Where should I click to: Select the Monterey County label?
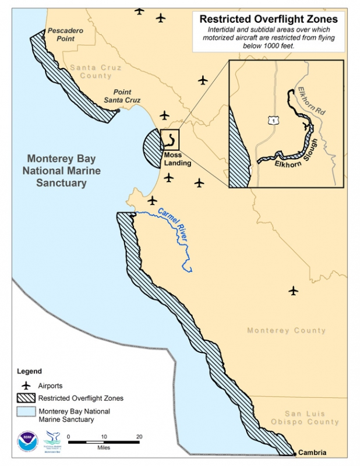pyautogui.click(x=286, y=331)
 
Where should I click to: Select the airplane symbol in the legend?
pyautogui.click(x=26, y=385)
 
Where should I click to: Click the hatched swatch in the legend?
pyautogui.click(x=26, y=398)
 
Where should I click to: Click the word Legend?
pyautogui.click(x=29, y=371)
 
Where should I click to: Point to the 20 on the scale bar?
pyautogui.click(x=139, y=436)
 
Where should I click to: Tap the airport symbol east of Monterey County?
pyautogui.click(x=294, y=290)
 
